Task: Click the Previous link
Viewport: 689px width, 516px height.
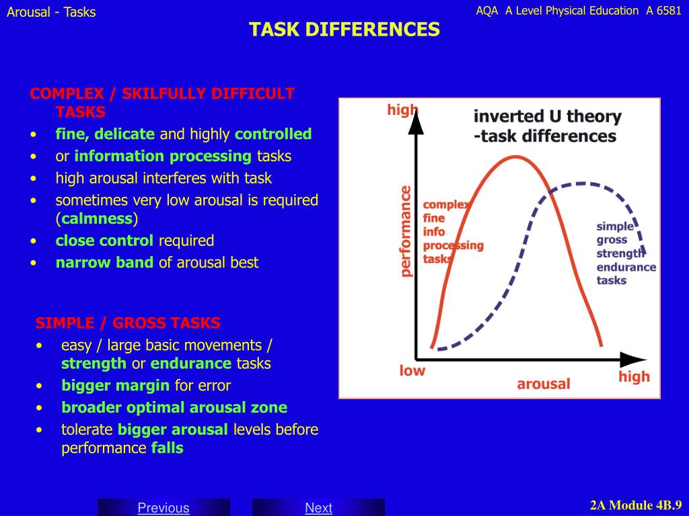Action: (x=164, y=508)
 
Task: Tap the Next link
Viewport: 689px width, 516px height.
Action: (x=318, y=508)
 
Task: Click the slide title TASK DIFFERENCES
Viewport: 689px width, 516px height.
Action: (x=344, y=30)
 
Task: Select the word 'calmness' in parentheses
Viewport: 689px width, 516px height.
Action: (x=97, y=218)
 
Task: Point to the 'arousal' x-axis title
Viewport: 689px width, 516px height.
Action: (x=544, y=384)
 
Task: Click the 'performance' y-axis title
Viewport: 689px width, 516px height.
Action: (x=406, y=231)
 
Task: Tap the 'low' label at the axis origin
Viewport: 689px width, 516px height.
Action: (x=412, y=371)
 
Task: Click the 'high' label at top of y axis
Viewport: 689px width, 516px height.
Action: (x=402, y=110)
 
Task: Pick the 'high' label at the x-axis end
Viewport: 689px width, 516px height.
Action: (x=634, y=377)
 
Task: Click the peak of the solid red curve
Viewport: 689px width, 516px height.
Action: (x=517, y=157)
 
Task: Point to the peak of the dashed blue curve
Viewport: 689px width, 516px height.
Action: (x=581, y=184)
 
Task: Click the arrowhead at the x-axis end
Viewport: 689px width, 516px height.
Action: (x=634, y=360)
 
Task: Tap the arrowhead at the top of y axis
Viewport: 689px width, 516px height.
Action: (x=416, y=122)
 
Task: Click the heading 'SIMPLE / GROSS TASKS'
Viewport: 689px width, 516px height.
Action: (x=128, y=323)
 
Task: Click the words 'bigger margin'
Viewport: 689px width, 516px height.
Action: (x=116, y=386)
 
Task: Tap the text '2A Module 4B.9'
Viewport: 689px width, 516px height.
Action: (x=636, y=505)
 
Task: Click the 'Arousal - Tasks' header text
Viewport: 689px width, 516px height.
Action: (x=51, y=12)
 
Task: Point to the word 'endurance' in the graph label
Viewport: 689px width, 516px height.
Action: (x=626, y=267)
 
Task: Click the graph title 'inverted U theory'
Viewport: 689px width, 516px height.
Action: (x=548, y=117)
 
